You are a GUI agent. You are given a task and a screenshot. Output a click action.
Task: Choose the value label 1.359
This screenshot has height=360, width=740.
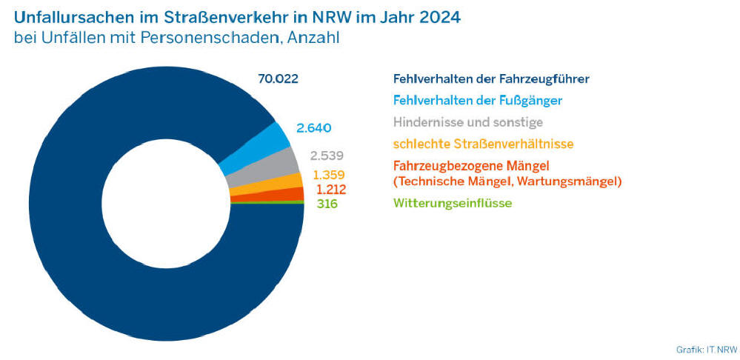coord(329,175)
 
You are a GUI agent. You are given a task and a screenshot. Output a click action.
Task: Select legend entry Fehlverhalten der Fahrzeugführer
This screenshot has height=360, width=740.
coord(491,79)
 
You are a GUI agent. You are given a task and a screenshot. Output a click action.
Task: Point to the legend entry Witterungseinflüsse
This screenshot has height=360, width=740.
coord(453,202)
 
